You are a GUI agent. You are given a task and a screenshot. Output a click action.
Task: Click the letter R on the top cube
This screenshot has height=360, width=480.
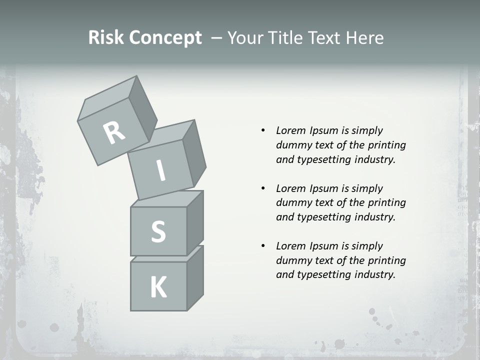click(x=114, y=133)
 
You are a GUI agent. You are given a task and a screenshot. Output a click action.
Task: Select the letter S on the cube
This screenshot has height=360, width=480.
click(x=158, y=231)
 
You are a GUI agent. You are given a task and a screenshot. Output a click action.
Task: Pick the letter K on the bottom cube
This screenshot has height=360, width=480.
click(x=158, y=287)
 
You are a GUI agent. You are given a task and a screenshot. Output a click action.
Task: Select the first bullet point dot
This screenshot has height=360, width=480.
click(x=262, y=130)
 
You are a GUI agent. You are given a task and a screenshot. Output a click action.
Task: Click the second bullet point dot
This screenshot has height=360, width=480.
click(x=262, y=188)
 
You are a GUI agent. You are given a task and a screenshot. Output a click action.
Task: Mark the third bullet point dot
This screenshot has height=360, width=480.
click(x=262, y=246)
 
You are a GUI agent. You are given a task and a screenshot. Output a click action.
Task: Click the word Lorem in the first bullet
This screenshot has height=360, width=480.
click(x=290, y=130)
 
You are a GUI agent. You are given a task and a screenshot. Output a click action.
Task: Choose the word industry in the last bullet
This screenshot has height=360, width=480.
click(x=373, y=274)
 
